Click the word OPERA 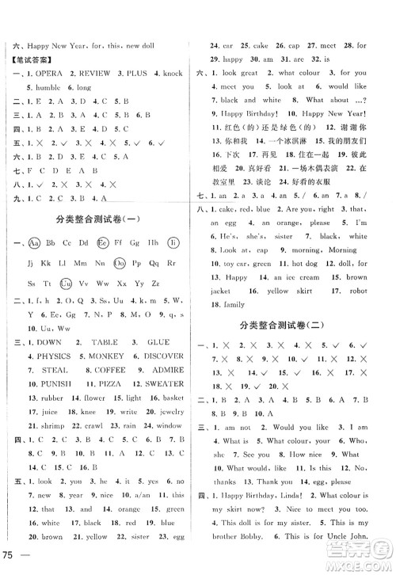[47, 74]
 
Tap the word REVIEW [91, 74]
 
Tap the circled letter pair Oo [120, 262]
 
